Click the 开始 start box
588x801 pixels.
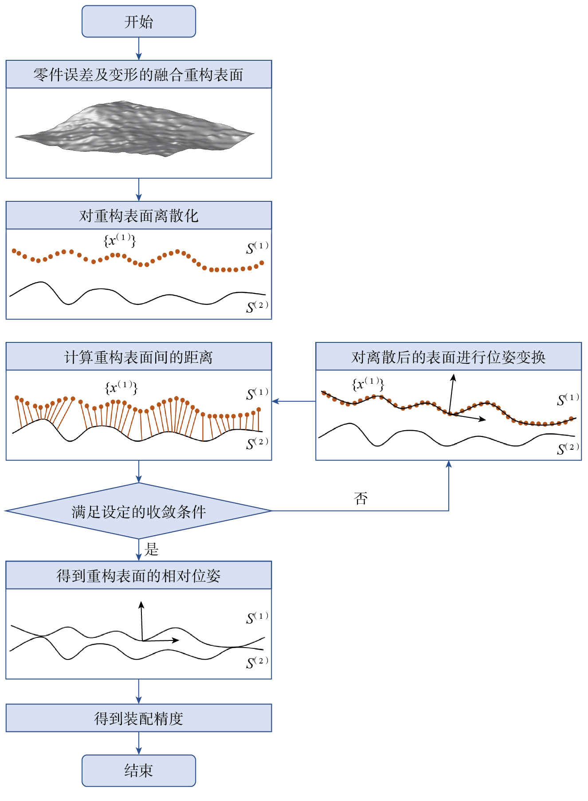(x=138, y=21)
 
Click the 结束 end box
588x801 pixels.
(x=138, y=770)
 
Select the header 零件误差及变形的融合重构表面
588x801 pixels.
(x=138, y=75)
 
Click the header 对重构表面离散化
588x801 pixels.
(x=138, y=216)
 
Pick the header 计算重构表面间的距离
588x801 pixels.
(x=138, y=357)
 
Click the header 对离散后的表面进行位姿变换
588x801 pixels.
(x=448, y=357)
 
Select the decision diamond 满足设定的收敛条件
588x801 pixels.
(x=138, y=511)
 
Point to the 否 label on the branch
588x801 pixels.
(x=361, y=499)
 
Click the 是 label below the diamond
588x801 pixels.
(x=151, y=550)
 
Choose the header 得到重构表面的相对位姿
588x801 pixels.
(x=138, y=575)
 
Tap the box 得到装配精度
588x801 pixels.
(x=138, y=718)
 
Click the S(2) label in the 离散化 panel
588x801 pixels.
(x=257, y=306)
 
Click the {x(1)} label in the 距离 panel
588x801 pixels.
(x=121, y=387)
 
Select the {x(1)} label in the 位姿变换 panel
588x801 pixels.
(x=368, y=384)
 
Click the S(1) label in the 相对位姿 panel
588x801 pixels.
(x=257, y=617)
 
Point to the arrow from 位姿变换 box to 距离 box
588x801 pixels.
(x=294, y=401)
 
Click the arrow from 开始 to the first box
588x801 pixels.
(x=139, y=48)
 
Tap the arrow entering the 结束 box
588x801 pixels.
(x=139, y=743)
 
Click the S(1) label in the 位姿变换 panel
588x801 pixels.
(x=568, y=399)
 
